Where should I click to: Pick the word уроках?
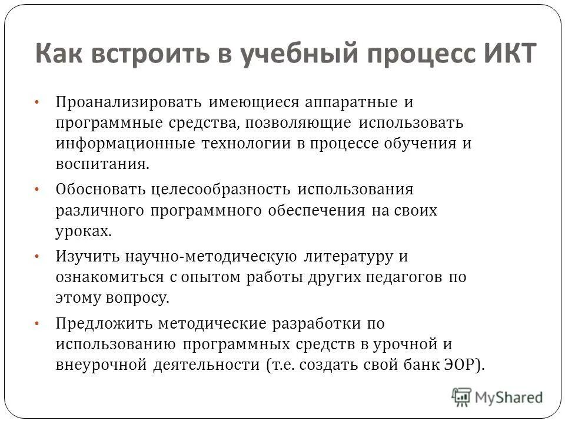(x=82, y=231)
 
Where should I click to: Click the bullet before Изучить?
(x=36, y=257)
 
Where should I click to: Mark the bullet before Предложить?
(x=36, y=323)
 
